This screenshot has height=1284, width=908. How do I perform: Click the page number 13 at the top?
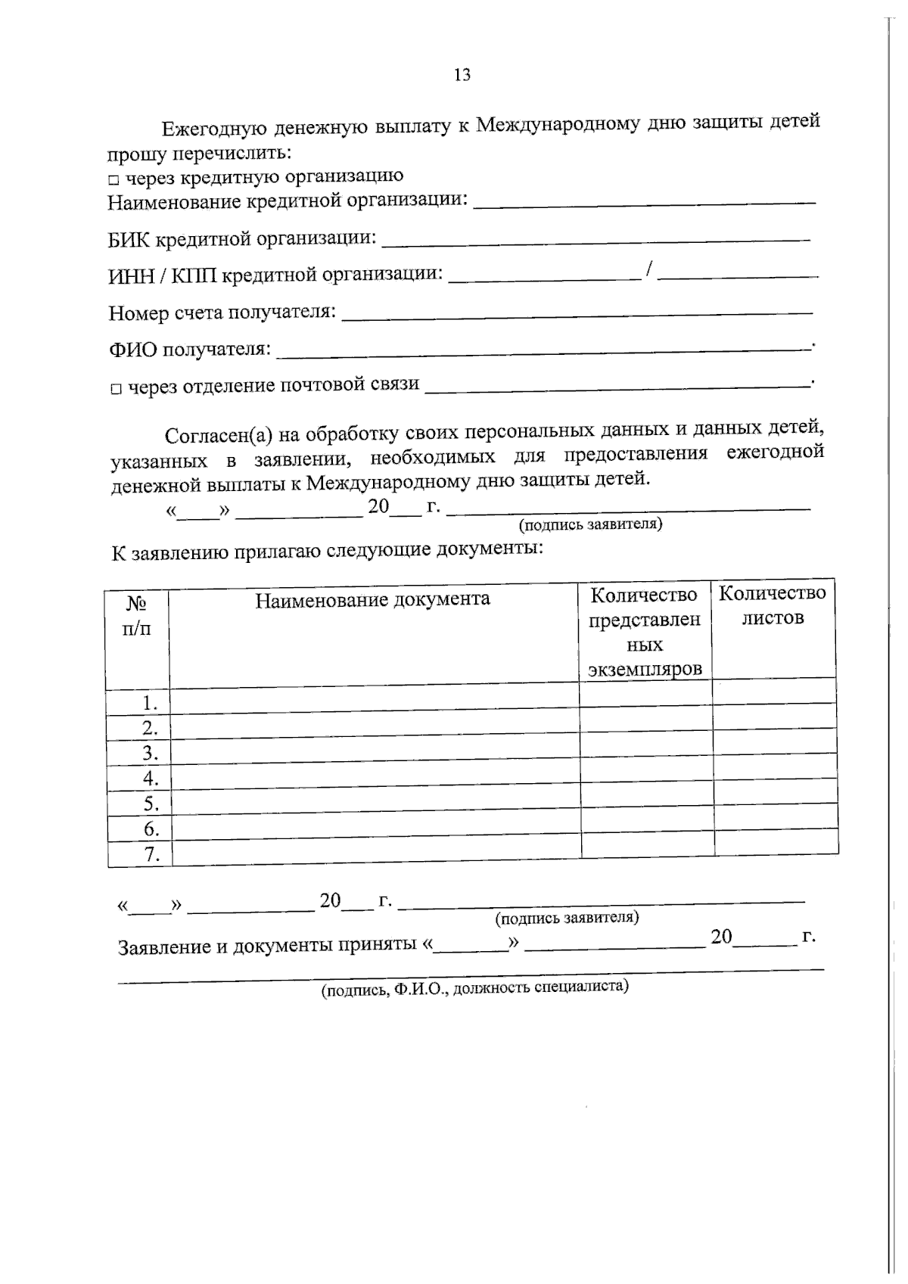(x=462, y=75)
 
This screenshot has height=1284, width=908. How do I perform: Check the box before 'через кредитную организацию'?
(x=113, y=180)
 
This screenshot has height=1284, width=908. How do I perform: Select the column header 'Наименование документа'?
(x=372, y=599)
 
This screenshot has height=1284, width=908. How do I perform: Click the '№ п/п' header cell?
(x=137, y=616)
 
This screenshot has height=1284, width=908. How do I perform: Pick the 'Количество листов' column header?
(x=773, y=605)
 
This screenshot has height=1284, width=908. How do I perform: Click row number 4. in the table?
(x=151, y=778)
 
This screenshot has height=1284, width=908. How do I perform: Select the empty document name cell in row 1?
(x=374, y=700)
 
